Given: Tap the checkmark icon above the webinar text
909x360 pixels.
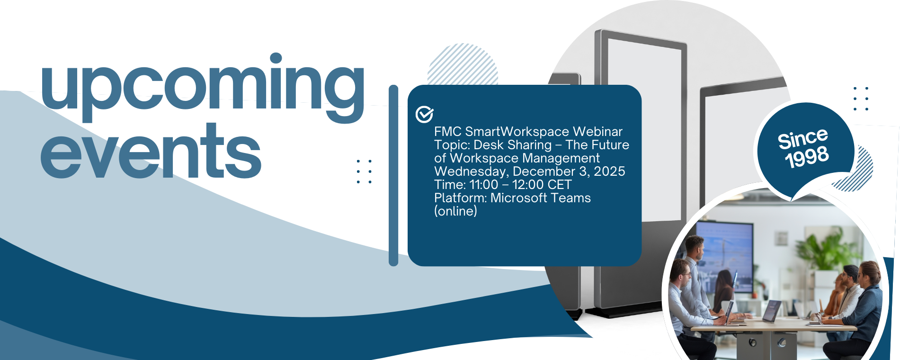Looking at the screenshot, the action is (425, 114).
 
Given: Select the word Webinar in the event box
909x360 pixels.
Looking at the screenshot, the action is (597, 131).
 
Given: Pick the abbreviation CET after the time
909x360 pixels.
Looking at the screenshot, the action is (560, 184).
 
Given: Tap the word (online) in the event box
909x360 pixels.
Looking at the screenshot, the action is (455, 211).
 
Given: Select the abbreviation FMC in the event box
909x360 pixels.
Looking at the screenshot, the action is (447, 131).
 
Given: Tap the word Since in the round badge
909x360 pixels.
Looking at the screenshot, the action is (803, 138).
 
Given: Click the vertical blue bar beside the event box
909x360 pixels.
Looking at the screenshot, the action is (393, 175).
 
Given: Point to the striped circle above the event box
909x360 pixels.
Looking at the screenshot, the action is (463, 64).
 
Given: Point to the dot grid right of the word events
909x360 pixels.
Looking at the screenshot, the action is (364, 171).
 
